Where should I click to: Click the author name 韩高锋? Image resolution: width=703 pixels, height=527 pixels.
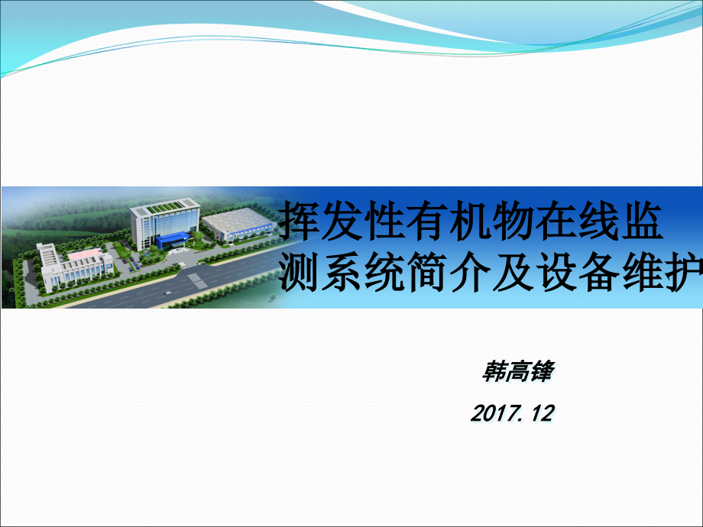[517, 372]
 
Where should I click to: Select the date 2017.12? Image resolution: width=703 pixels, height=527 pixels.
[511, 414]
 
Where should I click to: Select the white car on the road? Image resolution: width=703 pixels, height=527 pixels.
[168, 293]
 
